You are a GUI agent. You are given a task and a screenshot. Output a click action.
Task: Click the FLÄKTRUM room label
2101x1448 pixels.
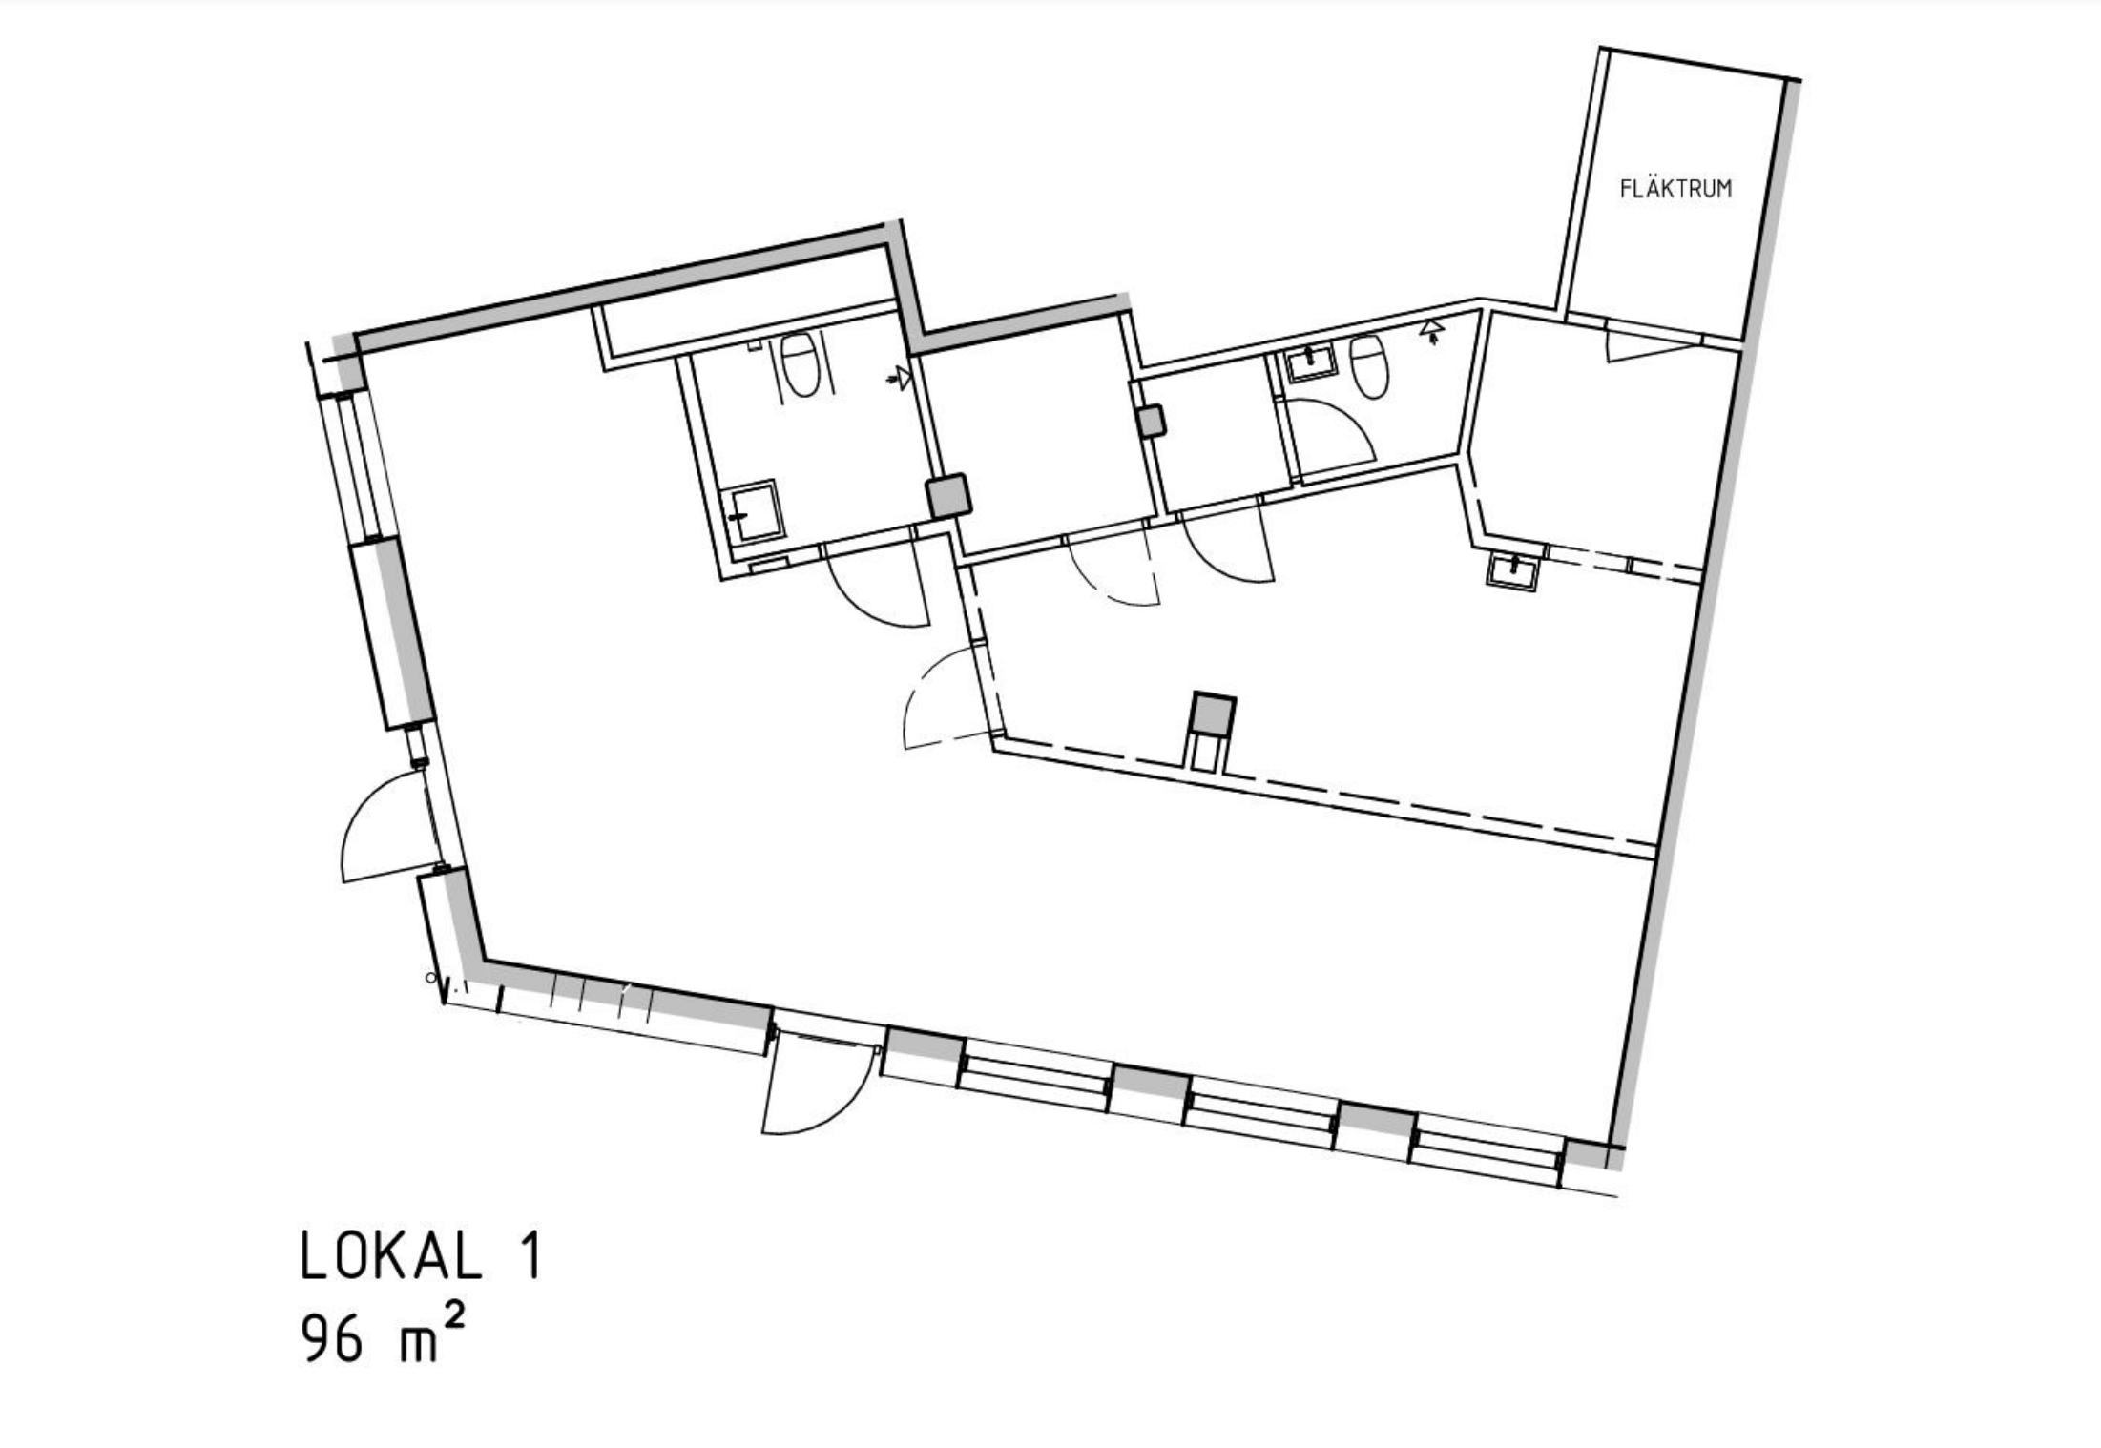[1675, 188]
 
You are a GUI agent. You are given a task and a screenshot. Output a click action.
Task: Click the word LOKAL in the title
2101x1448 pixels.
[391, 1255]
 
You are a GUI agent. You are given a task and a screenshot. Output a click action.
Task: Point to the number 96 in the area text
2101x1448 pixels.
[333, 1338]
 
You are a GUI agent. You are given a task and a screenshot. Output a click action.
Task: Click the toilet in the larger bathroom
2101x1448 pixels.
[800, 364]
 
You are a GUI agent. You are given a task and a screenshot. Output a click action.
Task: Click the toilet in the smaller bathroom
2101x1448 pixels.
[1368, 365]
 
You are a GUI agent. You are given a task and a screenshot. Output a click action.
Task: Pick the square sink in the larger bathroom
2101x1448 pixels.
[755, 512]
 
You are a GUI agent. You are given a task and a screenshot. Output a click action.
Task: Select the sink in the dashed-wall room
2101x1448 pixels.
[1512, 571]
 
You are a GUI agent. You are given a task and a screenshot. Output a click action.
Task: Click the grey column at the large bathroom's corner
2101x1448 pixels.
[949, 496]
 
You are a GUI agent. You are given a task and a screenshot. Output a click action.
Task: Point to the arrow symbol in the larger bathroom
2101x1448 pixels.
[898, 380]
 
